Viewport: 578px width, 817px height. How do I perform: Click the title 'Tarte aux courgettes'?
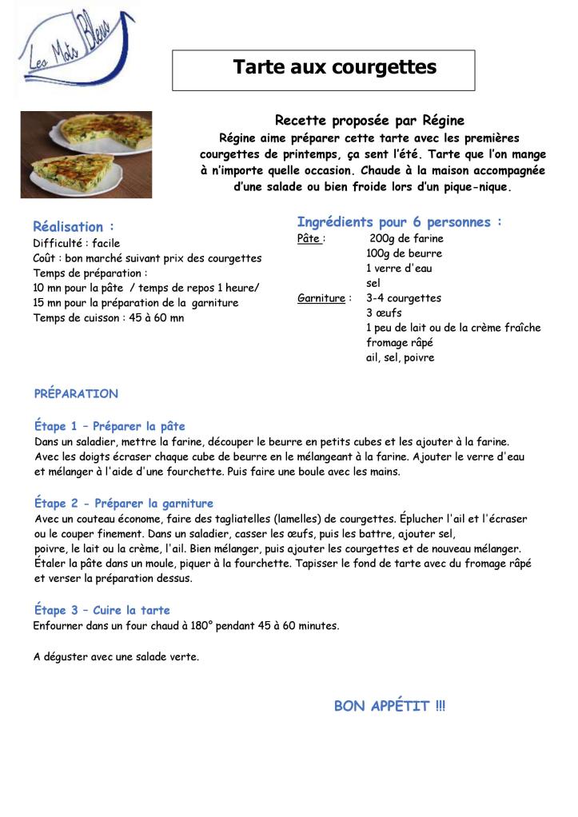tap(334, 67)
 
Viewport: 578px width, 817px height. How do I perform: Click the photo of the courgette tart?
tap(86, 154)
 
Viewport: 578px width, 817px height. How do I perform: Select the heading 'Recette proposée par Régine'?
tap(369, 121)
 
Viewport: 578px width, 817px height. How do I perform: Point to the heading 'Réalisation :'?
tap(74, 226)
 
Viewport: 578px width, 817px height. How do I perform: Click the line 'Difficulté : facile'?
tap(77, 242)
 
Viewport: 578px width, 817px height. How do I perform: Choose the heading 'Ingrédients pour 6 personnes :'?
tap(399, 221)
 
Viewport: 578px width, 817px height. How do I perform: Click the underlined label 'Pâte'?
tap(309, 238)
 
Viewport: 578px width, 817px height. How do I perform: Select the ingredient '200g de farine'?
tap(406, 238)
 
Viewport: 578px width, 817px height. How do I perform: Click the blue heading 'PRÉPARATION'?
tap(76, 394)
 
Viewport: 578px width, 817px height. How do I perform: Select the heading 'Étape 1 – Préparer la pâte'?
tap(110, 426)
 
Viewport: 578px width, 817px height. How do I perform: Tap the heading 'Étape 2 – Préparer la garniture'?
tap(124, 504)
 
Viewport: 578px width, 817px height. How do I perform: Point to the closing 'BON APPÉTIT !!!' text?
tap(389, 706)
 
